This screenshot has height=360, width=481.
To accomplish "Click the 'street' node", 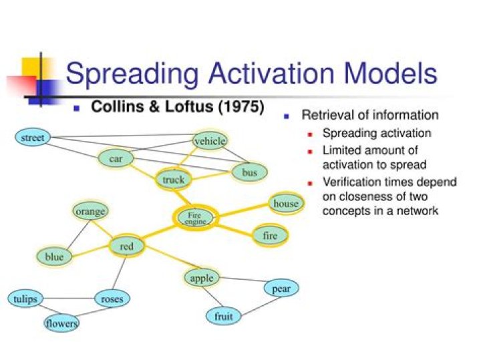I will (x=32, y=138).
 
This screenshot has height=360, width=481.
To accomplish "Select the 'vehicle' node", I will (x=210, y=141).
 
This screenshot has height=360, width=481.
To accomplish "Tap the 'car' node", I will (x=116, y=159).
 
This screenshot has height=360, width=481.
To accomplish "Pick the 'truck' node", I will (x=173, y=180).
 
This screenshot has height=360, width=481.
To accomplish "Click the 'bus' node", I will (x=249, y=173).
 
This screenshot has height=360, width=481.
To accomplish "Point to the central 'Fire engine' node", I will (x=195, y=218).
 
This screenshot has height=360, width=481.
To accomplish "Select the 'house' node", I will (x=286, y=203).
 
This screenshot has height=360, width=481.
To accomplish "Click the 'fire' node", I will (x=270, y=236).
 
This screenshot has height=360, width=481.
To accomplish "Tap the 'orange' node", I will (x=90, y=212).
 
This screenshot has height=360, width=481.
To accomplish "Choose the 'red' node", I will (x=127, y=246).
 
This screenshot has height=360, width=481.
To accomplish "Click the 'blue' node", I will (x=54, y=256).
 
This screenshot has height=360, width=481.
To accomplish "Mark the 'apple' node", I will (x=201, y=278).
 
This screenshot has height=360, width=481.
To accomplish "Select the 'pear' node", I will (x=281, y=289).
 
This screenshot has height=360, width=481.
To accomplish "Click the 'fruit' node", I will (x=223, y=316).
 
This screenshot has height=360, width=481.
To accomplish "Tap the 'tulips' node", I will (x=25, y=299).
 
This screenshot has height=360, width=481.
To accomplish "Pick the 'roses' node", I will (x=112, y=299).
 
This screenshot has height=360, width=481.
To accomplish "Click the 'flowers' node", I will (x=61, y=324).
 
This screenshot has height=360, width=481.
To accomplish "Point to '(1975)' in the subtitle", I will (x=239, y=107).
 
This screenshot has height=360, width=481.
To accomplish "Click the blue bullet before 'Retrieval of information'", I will (x=287, y=116).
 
